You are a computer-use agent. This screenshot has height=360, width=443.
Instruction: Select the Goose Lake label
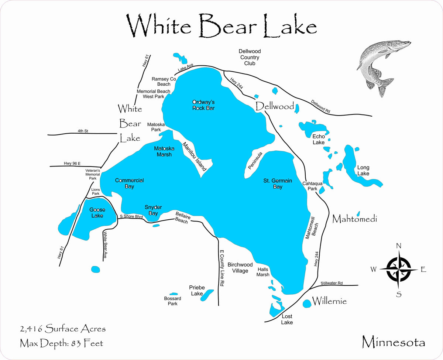coord(97,213)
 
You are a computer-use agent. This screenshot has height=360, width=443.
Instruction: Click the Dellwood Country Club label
coord(250,57)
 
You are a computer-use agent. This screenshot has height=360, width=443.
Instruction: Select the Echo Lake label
coord(319,139)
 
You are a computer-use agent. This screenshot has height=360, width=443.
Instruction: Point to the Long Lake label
coord(363,170)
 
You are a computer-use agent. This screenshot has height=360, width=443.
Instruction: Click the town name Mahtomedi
coord(354,219)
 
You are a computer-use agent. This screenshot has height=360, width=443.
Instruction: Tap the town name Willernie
coord(330,301)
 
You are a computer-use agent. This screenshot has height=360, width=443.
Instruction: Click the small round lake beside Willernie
coord(306,304)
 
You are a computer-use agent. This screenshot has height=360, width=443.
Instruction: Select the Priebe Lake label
coord(196,291)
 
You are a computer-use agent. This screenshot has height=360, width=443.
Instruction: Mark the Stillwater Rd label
coord(332,283)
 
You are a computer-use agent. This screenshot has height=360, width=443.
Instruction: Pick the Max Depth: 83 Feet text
coord(61,343)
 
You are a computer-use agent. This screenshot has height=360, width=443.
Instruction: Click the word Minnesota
coord(393,342)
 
